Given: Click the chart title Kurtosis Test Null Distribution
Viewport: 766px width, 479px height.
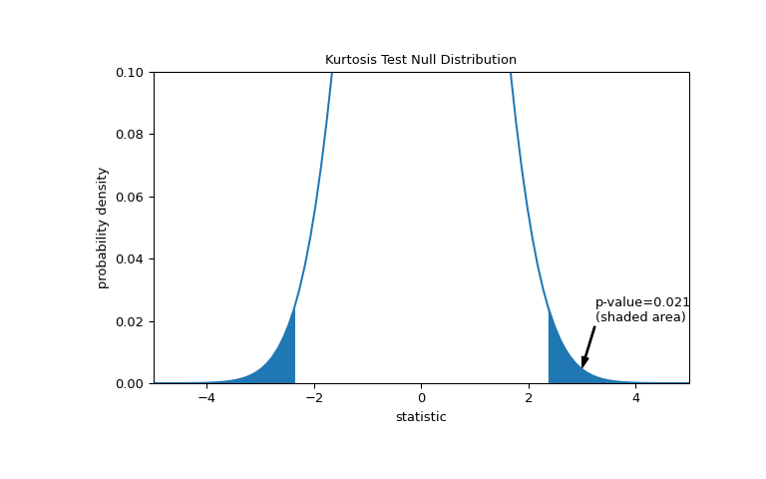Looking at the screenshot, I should (421, 60).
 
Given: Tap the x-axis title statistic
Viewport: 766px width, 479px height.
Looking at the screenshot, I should (421, 417).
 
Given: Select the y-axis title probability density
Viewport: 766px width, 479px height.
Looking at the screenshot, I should (103, 228).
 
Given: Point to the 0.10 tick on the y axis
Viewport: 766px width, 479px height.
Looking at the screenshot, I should (130, 73).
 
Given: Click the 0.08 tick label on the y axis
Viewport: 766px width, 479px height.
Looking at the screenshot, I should (130, 135).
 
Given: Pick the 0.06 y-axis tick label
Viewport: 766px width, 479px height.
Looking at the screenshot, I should (130, 197).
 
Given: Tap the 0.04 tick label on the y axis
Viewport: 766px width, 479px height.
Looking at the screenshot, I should (130, 259).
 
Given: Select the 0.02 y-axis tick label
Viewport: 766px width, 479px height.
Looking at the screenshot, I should (130, 321).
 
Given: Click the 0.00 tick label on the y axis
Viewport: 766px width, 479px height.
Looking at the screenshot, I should (130, 384).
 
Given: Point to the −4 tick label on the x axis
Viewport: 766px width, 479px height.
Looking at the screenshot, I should (206, 398).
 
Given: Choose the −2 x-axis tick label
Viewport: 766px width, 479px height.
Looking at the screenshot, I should (313, 398).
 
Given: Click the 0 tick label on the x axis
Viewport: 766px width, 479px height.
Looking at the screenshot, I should (421, 398).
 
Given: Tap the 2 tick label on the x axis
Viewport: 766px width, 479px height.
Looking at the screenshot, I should (529, 398).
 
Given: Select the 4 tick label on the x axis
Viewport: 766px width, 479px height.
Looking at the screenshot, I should (635, 398).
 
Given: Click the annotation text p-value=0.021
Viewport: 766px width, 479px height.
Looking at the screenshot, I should (642, 302).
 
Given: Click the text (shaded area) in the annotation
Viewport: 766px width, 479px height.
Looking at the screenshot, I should (640, 317).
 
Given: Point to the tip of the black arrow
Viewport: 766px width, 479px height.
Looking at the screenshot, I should (582, 367).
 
